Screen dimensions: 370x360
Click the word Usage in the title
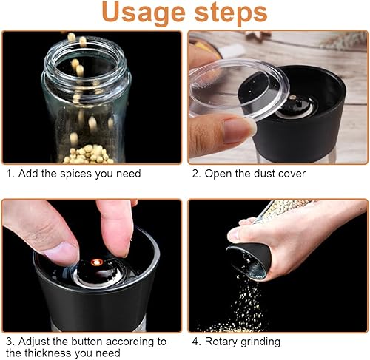144,13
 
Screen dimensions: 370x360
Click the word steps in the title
231,13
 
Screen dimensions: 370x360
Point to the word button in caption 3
87,342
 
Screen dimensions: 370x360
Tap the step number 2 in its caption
195,174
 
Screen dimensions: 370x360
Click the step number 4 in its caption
195,342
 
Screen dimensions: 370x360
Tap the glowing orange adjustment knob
97,262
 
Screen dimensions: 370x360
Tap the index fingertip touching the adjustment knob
118,246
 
